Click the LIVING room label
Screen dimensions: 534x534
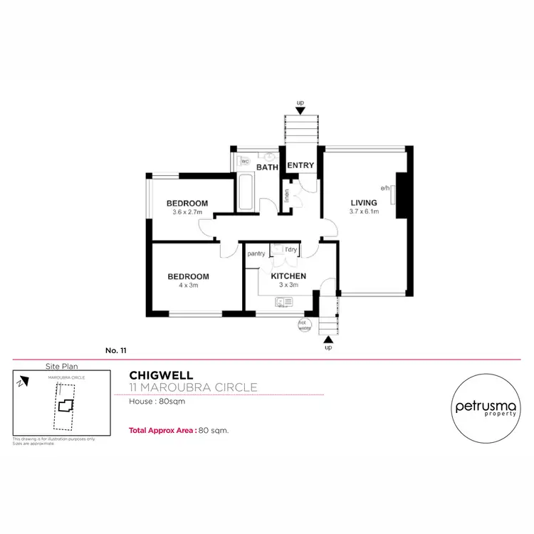(364, 203)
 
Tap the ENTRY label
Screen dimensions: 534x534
(300, 166)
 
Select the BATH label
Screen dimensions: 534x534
(267, 168)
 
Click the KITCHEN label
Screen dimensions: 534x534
(288, 276)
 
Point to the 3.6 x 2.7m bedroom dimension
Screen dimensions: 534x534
(189, 212)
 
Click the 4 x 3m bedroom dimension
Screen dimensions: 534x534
(188, 286)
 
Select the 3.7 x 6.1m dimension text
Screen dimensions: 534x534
(364, 211)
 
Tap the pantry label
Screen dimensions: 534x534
(256, 253)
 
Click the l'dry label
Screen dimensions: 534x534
(290, 249)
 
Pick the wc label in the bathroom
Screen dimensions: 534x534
(245, 162)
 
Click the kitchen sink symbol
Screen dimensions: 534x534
(283, 303)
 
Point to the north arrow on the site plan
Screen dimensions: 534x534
(23, 382)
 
